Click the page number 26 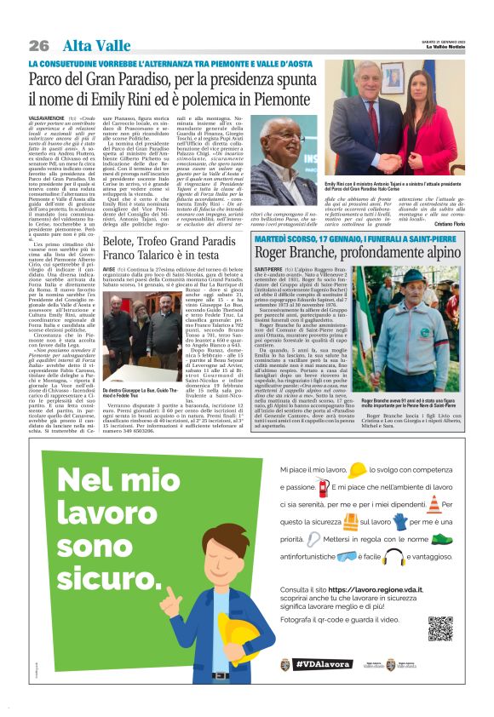click(37, 45)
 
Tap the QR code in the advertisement click(439, 628)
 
